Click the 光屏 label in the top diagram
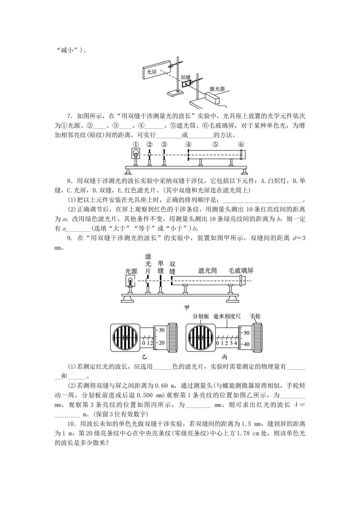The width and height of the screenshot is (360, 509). click(152, 71)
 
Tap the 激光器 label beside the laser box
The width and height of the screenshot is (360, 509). click(218, 89)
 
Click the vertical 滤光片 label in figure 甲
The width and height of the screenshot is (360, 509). click(148, 264)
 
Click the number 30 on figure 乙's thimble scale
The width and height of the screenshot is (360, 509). click(161, 330)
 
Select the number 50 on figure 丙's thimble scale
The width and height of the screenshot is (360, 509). click(246, 333)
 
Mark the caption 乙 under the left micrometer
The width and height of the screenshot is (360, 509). click(144, 357)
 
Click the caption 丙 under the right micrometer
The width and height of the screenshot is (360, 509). click(225, 357)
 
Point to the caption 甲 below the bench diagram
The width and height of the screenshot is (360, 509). click(186, 307)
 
